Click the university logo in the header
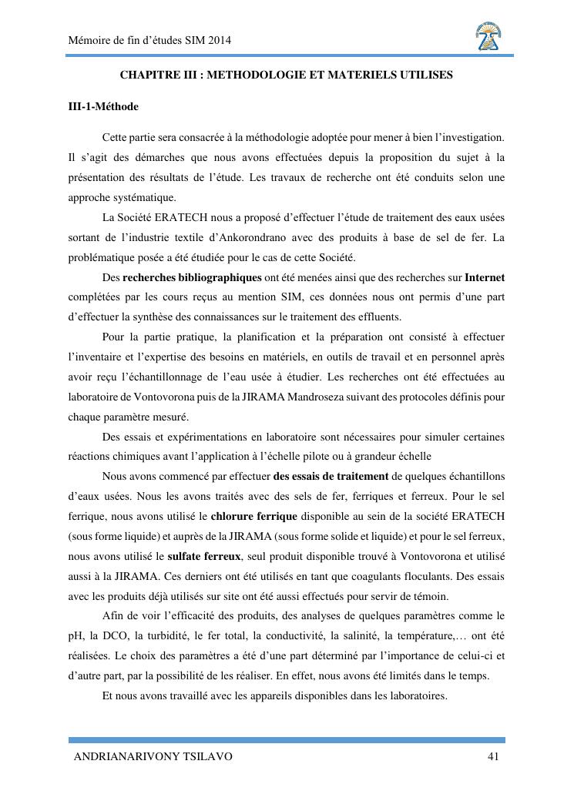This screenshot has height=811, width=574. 488,36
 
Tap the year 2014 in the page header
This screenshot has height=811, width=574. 220,40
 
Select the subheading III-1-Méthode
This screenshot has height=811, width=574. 103,106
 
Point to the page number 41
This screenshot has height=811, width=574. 493,756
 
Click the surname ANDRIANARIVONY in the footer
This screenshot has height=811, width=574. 126,756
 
